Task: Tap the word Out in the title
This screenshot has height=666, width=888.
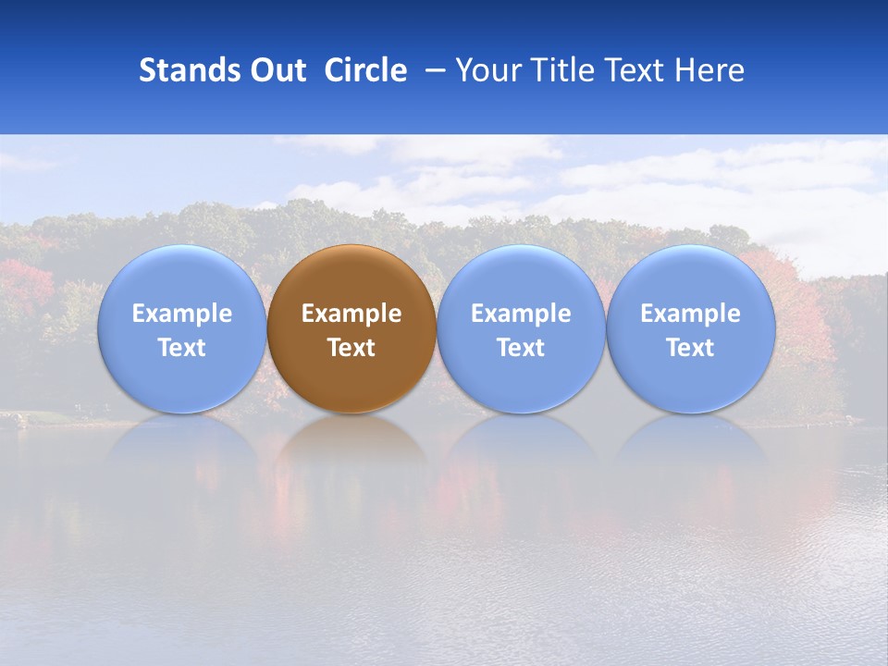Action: point(276,70)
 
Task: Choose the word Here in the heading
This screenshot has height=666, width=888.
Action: point(709,70)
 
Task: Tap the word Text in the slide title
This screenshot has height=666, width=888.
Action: point(634,70)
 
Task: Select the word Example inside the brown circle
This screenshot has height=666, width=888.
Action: point(351,314)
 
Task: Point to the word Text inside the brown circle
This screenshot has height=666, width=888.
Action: point(351,348)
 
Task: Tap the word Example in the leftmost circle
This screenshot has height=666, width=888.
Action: point(182,314)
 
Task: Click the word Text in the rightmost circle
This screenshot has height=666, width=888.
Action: point(691,348)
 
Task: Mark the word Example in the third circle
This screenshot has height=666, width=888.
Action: point(521,314)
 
